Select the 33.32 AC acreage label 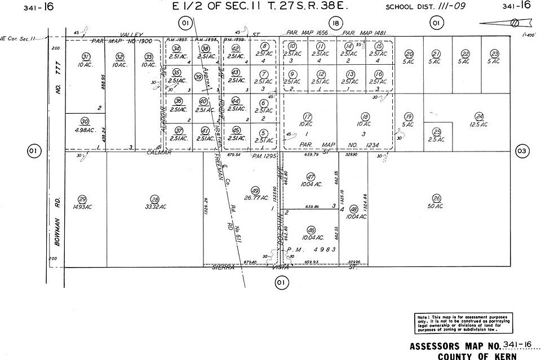pyautogui.click(x=155, y=207)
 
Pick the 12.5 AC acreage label pyautogui.click(x=479, y=124)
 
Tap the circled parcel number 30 pyautogui.click(x=85, y=121)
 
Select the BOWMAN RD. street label pyautogui.click(x=57, y=224)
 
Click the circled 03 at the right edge pyautogui.click(x=522, y=151)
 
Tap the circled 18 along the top pyautogui.click(x=336, y=23)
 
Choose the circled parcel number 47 pyautogui.click(x=310, y=176)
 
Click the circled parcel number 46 pyautogui.click(x=311, y=230)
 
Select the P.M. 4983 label pyautogui.click(x=311, y=250)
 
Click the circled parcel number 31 pyautogui.click(x=86, y=56)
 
